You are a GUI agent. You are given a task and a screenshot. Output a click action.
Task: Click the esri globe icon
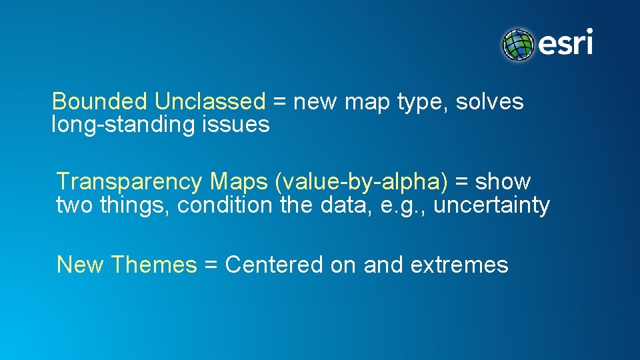[519, 45]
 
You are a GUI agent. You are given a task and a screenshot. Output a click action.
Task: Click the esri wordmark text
[565, 44]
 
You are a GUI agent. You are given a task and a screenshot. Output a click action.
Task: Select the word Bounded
[99, 102]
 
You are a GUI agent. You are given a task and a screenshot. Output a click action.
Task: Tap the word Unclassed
[210, 102]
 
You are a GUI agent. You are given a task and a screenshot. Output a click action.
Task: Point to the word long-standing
[116, 125]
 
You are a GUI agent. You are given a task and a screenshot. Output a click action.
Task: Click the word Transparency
[129, 182]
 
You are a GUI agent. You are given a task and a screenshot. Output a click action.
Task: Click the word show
[503, 182]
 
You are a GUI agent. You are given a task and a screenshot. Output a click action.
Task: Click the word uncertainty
[492, 205]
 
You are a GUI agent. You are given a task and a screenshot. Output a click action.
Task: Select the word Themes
[154, 265]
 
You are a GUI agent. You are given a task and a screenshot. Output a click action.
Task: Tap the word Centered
[274, 265]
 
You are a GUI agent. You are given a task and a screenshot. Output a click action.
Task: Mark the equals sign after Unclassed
[280, 103]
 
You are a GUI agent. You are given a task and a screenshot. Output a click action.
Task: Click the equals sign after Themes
[211, 266]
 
